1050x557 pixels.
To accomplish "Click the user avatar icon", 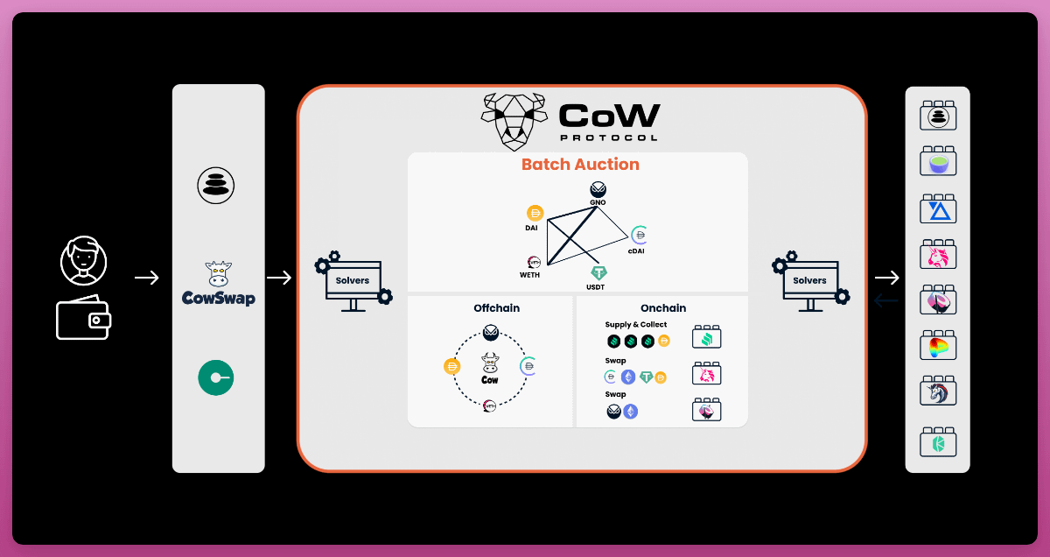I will pyautogui.click(x=84, y=260).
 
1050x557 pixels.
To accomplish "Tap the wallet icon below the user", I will pyautogui.click(x=83, y=320).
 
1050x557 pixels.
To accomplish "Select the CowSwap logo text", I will pyautogui.click(x=218, y=299).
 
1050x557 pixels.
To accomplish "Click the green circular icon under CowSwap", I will pyautogui.click(x=215, y=378).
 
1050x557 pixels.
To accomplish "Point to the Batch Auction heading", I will pyautogui.click(x=580, y=165).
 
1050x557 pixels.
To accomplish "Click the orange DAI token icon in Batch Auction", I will pyautogui.click(x=535, y=213).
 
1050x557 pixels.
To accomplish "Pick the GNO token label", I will pyautogui.click(x=598, y=202).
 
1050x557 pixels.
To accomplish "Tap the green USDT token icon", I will pyautogui.click(x=598, y=273).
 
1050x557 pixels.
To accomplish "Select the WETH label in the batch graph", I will pyautogui.click(x=530, y=275).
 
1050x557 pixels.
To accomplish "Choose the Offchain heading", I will pyautogui.click(x=497, y=308).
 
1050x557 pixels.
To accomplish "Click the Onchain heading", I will pyautogui.click(x=663, y=308).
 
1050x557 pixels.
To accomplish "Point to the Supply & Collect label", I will pyautogui.click(x=636, y=325).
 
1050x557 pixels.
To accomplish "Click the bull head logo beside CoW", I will pyautogui.click(x=514, y=122).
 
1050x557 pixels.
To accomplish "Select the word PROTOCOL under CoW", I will pyautogui.click(x=610, y=137).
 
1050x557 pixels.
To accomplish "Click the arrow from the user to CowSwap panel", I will pyautogui.click(x=147, y=278).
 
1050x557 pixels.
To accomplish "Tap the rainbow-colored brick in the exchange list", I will pyautogui.click(x=937, y=347).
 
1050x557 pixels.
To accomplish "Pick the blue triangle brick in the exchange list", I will pyautogui.click(x=937, y=210).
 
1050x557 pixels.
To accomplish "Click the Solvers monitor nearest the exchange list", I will pyautogui.click(x=810, y=280).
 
